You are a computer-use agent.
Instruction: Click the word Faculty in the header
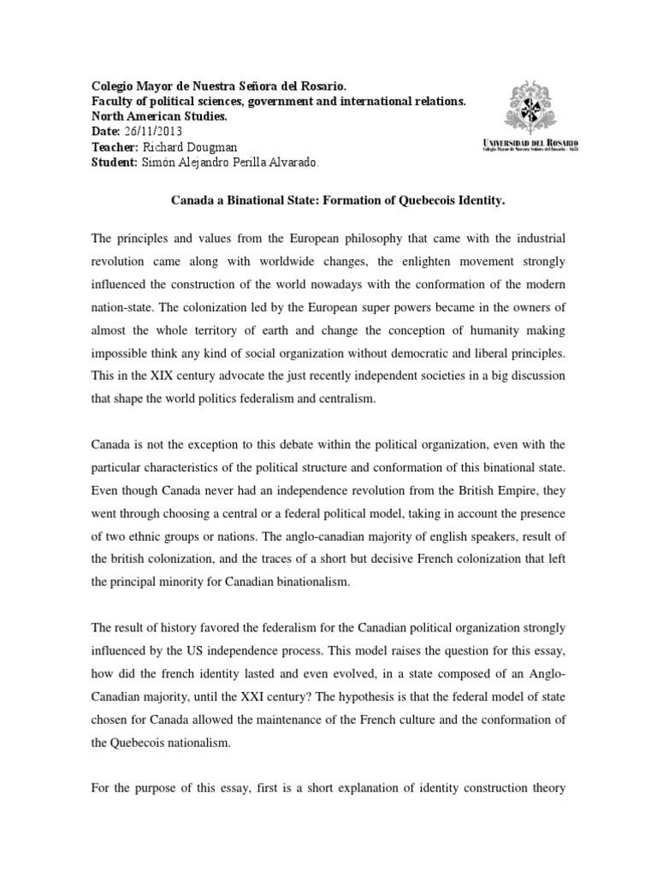[x=112, y=102]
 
